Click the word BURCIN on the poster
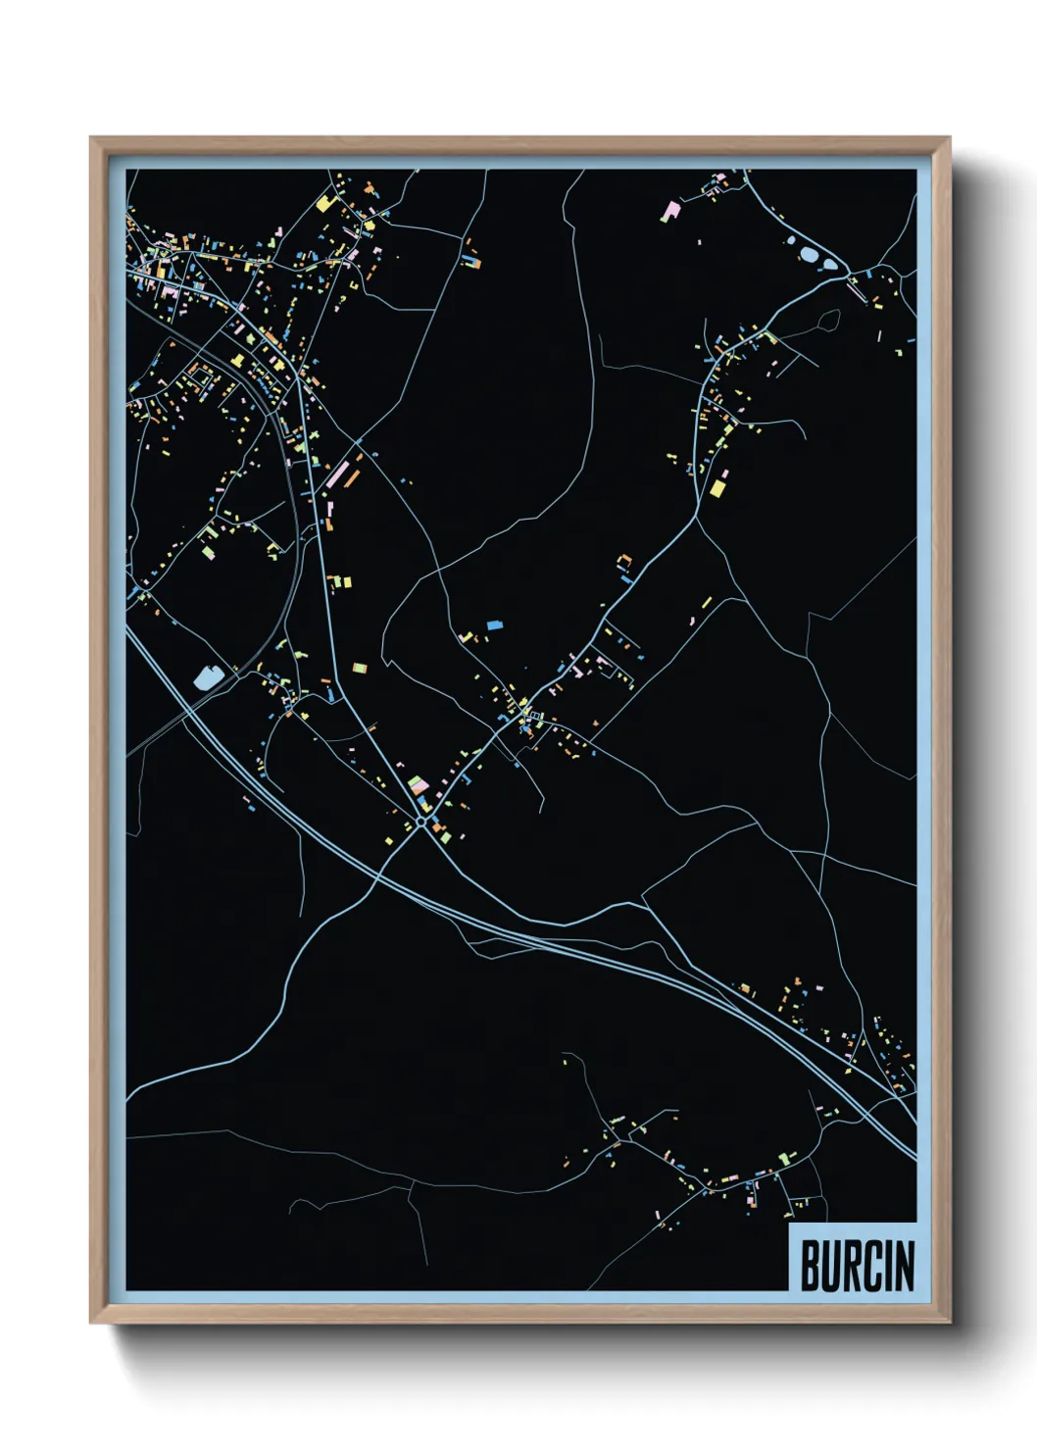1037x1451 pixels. coord(857,1266)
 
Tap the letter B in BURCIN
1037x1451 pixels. coord(812,1266)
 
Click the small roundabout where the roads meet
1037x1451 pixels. coord(420,822)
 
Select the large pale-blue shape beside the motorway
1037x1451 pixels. coord(206,676)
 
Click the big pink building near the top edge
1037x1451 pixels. coord(671,210)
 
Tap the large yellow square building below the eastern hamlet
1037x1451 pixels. coord(718,487)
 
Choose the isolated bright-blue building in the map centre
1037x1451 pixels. coord(494,625)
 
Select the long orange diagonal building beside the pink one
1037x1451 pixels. coord(351,478)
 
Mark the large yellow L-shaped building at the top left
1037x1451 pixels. coord(325,203)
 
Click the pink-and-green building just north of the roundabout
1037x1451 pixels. coord(418,785)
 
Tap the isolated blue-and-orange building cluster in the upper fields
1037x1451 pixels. coord(472,262)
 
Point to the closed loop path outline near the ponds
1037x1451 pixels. coord(827,321)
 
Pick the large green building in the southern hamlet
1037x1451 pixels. coord(783,1160)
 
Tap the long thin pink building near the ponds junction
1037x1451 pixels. coord(857,290)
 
